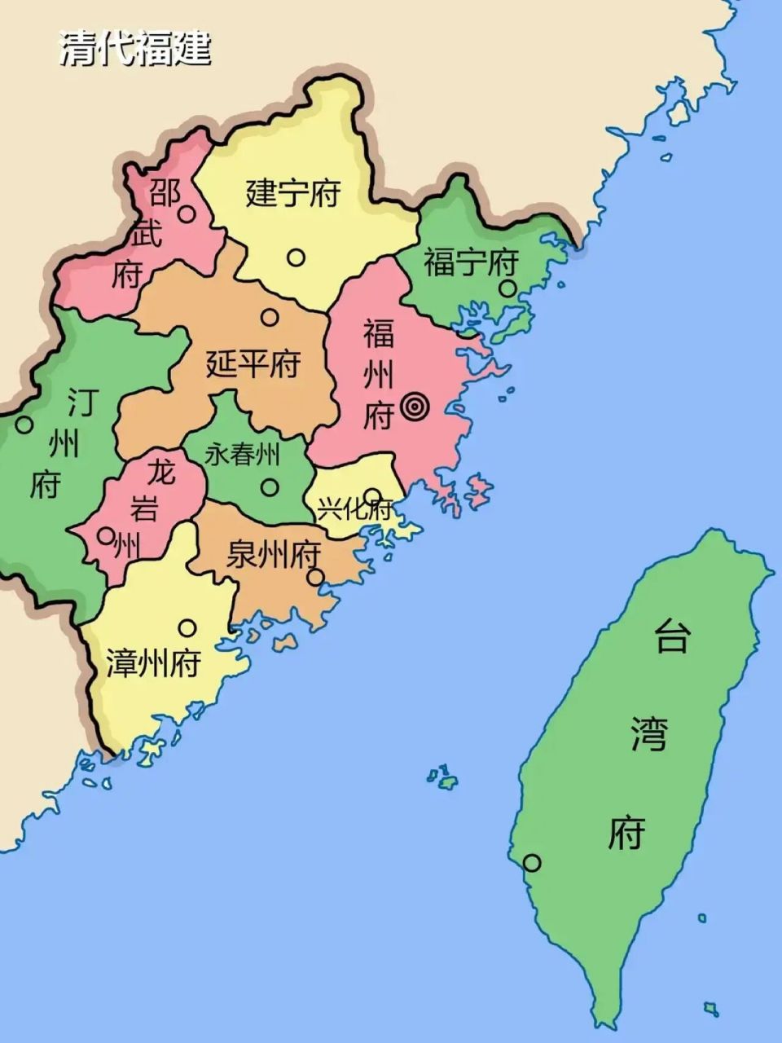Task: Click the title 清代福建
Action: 135,48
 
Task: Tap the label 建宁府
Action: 292,195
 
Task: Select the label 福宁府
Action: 471,262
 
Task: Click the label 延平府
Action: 253,363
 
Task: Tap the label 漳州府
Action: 153,663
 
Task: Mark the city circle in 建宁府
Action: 296,257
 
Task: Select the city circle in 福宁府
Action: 507,288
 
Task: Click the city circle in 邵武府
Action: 187,214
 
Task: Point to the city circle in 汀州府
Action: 24,425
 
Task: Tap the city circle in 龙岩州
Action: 106,535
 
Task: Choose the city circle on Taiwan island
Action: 532,862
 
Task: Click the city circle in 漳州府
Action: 187,627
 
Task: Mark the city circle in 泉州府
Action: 316,578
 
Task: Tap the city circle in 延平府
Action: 270,318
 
